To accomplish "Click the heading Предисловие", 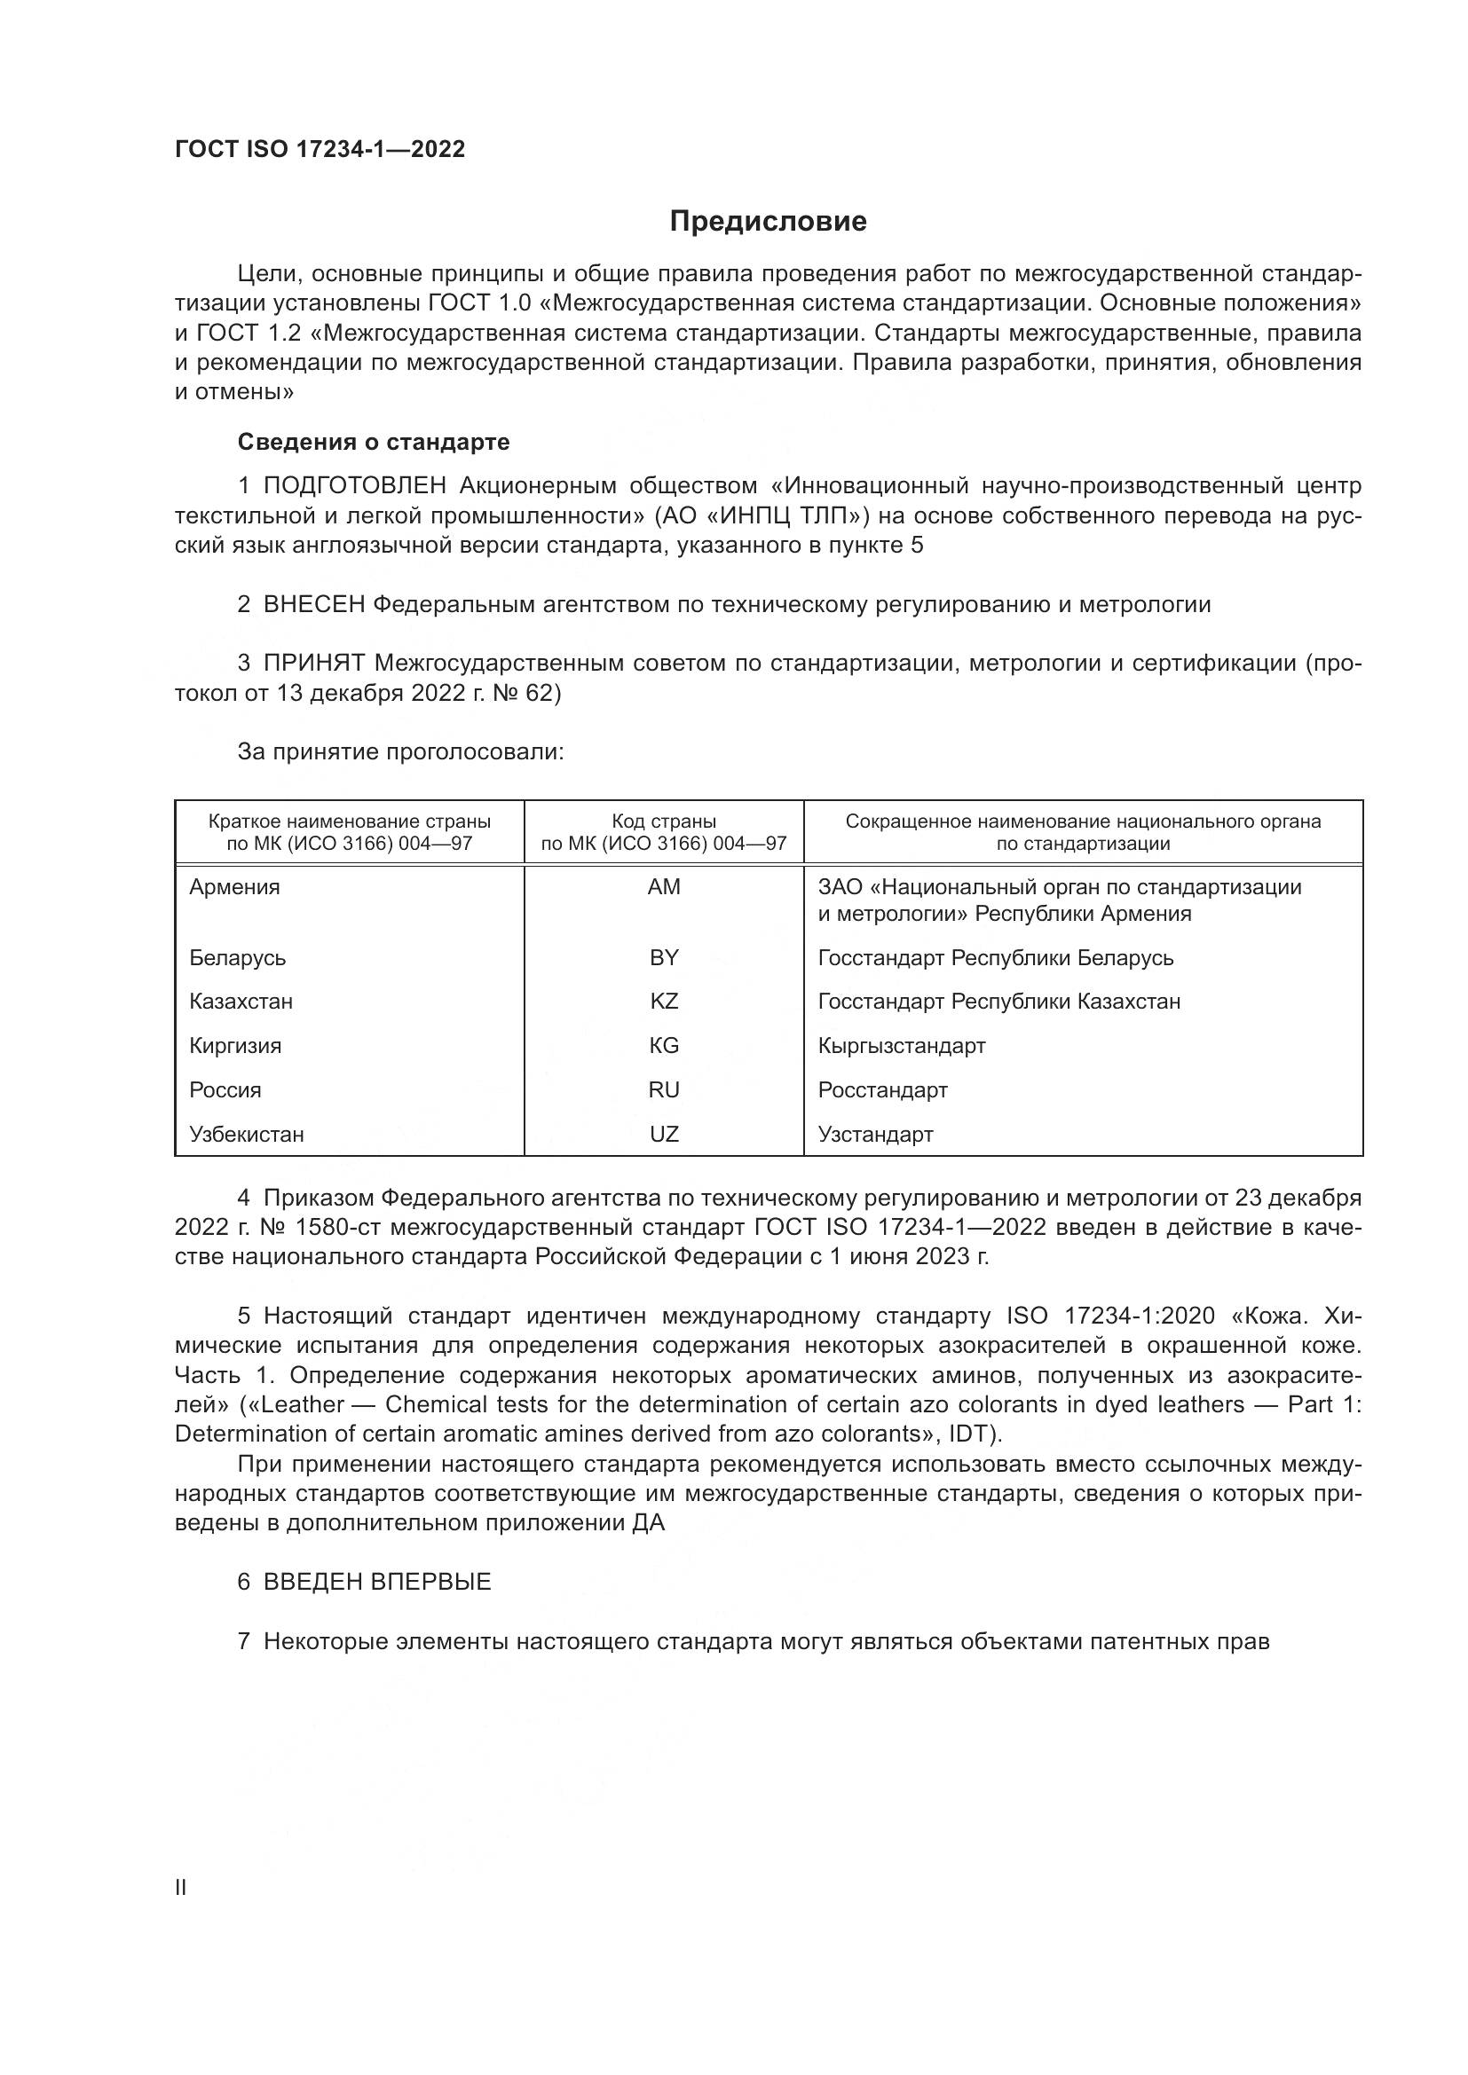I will (768, 222).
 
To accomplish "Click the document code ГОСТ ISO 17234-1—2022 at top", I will (320, 149).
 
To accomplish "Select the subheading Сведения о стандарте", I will (374, 442).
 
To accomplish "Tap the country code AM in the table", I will (664, 886).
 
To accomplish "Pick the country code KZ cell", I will (664, 1002).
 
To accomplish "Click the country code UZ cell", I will (664, 1135).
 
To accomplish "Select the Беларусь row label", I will (237, 957).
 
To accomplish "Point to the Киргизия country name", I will (235, 1046).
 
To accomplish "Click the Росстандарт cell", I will (882, 1090).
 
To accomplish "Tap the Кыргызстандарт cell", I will (901, 1046).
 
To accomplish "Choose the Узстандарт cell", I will (875, 1135).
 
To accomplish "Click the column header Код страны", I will (664, 821).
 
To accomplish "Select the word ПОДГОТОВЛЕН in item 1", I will (354, 486).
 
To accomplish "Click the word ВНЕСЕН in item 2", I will (313, 605).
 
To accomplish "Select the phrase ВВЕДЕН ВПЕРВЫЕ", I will (377, 1582).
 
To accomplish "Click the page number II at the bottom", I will (181, 1888).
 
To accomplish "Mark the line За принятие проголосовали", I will (400, 752).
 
